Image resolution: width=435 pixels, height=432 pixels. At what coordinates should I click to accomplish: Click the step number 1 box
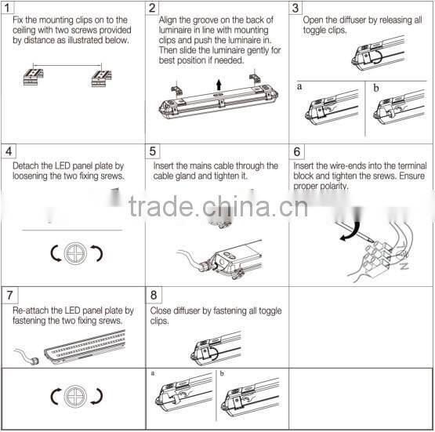[x=7, y=8]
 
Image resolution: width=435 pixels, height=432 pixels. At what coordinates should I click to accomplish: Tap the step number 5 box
[x=153, y=151]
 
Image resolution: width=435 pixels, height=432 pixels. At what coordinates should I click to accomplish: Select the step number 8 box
[x=154, y=295]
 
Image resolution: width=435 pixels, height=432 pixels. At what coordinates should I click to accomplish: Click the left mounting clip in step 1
[x=33, y=77]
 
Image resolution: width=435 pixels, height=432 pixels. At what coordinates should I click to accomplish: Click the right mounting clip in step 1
[x=102, y=78]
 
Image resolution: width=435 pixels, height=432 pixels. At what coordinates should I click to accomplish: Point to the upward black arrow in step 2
[x=219, y=85]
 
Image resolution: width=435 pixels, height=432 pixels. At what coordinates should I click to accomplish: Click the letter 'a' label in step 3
[x=299, y=86]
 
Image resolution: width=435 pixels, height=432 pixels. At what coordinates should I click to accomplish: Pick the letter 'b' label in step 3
[x=376, y=88]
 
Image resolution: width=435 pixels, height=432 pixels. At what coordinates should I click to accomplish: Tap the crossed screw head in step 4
[x=75, y=253]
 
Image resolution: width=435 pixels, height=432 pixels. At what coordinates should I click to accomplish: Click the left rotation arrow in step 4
[x=56, y=253]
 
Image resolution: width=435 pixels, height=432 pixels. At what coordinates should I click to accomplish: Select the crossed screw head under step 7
[x=75, y=397]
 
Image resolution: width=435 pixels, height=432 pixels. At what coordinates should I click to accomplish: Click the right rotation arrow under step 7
[x=98, y=397]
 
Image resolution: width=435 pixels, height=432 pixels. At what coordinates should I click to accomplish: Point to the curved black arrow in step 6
[x=353, y=231]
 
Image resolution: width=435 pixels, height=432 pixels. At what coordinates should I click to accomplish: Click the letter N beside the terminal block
[x=404, y=267]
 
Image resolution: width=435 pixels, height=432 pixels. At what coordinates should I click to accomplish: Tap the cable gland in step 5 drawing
[x=205, y=266]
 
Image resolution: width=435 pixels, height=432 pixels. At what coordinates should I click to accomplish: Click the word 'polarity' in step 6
[x=335, y=186]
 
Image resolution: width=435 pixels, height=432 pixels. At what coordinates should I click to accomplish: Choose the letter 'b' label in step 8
[x=222, y=373]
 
